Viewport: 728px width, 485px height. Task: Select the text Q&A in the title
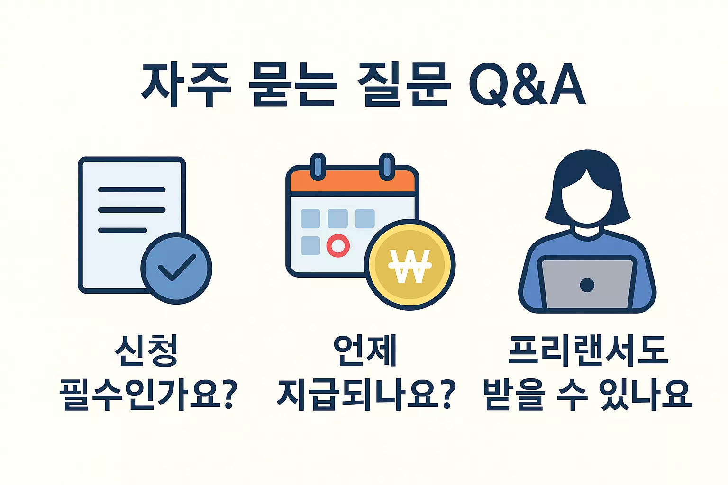(x=527, y=85)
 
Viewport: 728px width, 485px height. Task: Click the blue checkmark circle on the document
(x=176, y=269)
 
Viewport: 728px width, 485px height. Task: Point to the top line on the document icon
(x=131, y=190)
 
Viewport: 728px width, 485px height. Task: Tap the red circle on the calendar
(x=338, y=246)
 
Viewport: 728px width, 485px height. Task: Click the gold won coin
(x=409, y=265)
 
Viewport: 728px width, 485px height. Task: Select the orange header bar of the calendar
(x=353, y=181)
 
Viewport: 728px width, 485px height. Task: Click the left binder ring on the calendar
(x=318, y=166)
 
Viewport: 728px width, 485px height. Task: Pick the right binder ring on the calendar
(x=387, y=166)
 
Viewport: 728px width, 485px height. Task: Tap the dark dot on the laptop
(x=587, y=285)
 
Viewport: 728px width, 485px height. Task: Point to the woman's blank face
(x=587, y=201)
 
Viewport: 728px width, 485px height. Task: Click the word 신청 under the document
(x=147, y=350)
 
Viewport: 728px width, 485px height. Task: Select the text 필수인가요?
(x=148, y=394)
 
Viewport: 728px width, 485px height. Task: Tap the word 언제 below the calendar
(x=364, y=350)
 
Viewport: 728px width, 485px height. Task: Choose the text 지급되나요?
(x=366, y=394)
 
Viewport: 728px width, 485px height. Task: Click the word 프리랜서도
(x=588, y=350)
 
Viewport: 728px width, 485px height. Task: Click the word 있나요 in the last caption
(x=646, y=394)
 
